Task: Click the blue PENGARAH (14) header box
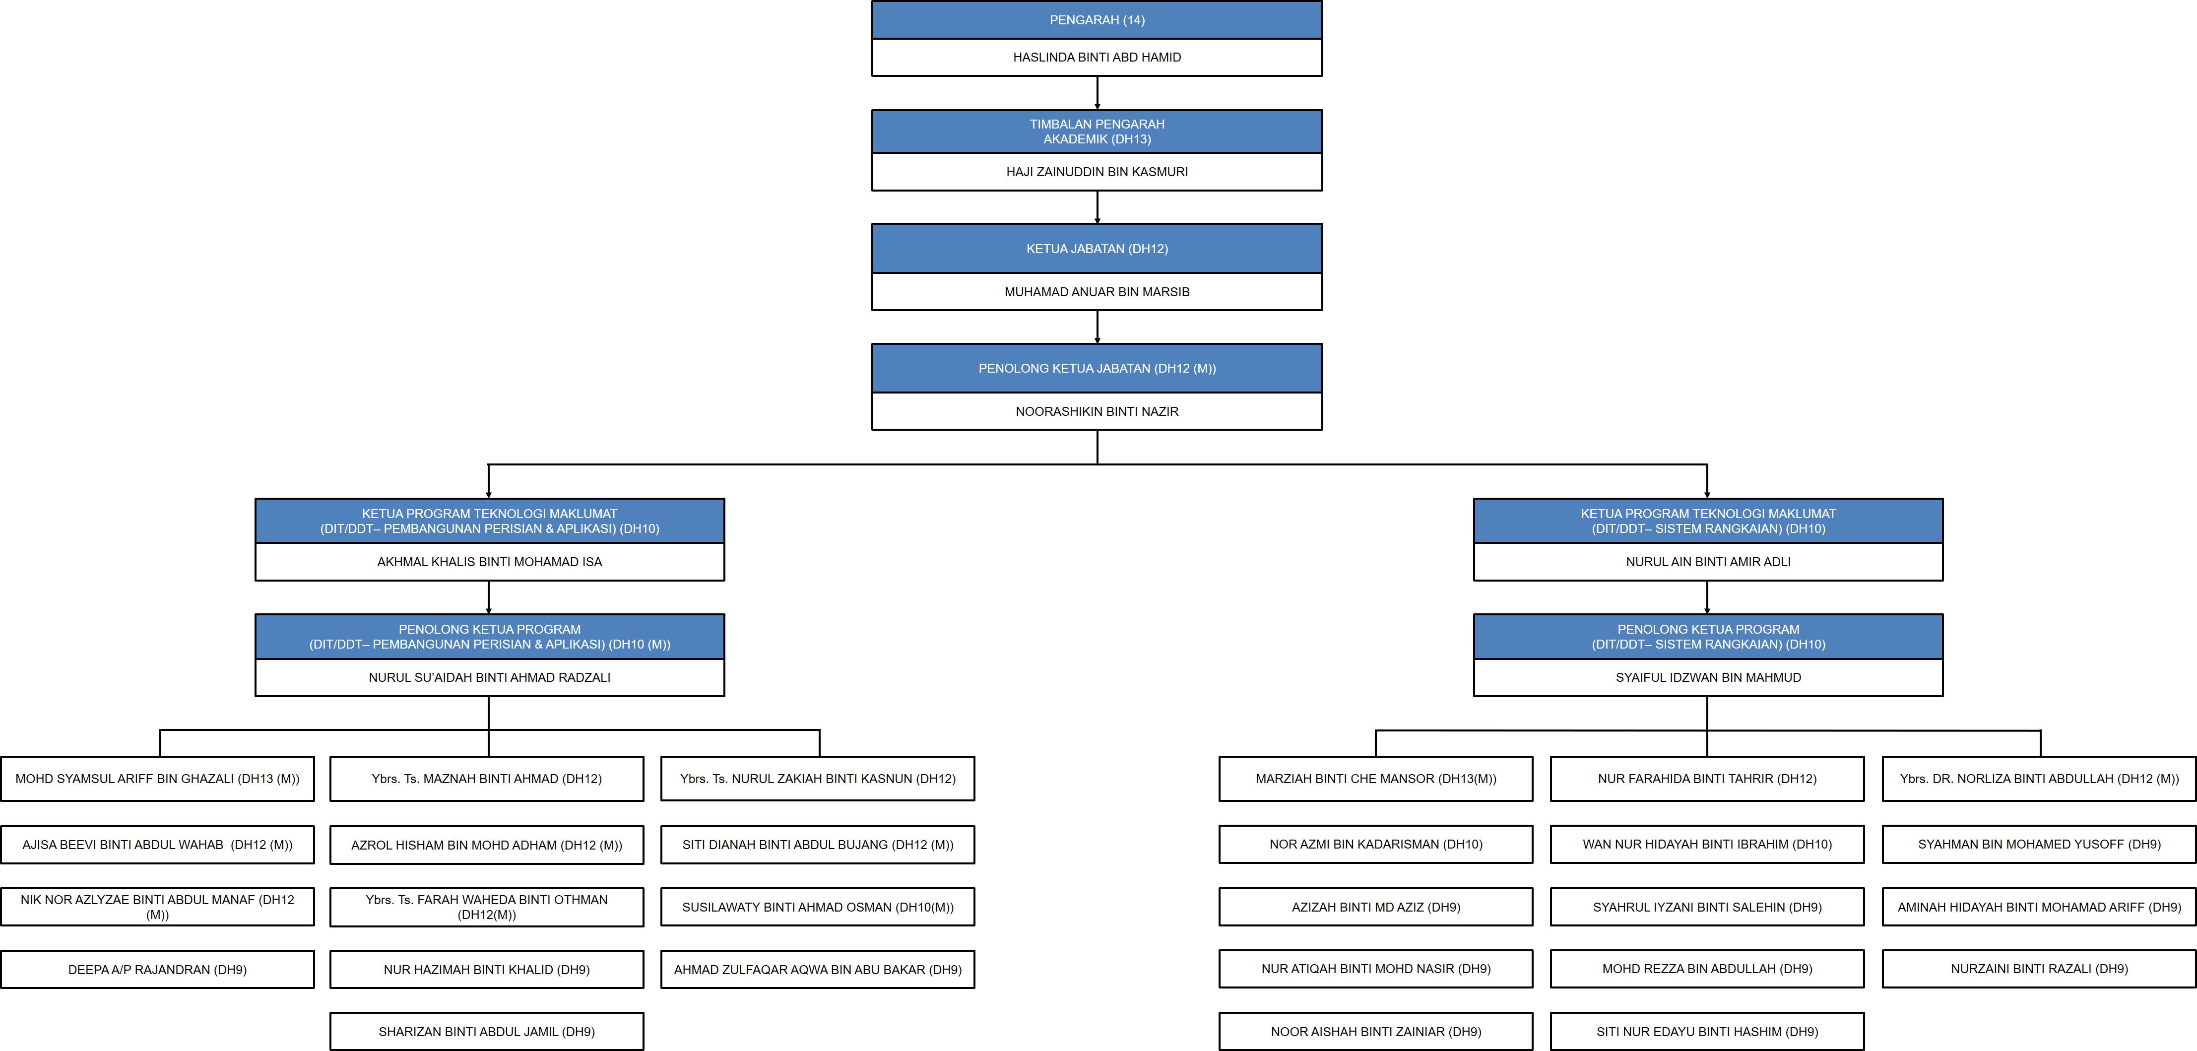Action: (1097, 20)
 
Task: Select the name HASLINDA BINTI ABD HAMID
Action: (1097, 57)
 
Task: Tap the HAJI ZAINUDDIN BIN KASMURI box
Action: (1097, 172)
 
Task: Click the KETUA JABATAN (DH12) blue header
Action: (1097, 248)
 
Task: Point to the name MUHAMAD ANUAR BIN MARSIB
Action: (1097, 292)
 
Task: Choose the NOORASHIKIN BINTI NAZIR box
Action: (1097, 411)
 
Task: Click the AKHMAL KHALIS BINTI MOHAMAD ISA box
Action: (490, 561)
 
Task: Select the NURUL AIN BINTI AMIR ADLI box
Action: (1708, 561)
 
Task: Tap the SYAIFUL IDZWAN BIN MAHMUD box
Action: (1708, 677)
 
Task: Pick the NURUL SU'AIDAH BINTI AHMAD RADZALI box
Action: (490, 677)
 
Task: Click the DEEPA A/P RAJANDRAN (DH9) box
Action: (158, 969)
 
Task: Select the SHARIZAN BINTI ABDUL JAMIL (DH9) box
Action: (487, 1031)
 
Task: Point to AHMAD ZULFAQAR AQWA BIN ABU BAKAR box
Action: (818, 969)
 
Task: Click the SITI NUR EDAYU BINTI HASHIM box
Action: (1707, 1031)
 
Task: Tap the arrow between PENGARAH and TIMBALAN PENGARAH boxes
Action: (1097, 93)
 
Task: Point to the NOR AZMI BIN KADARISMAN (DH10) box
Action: (1376, 844)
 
